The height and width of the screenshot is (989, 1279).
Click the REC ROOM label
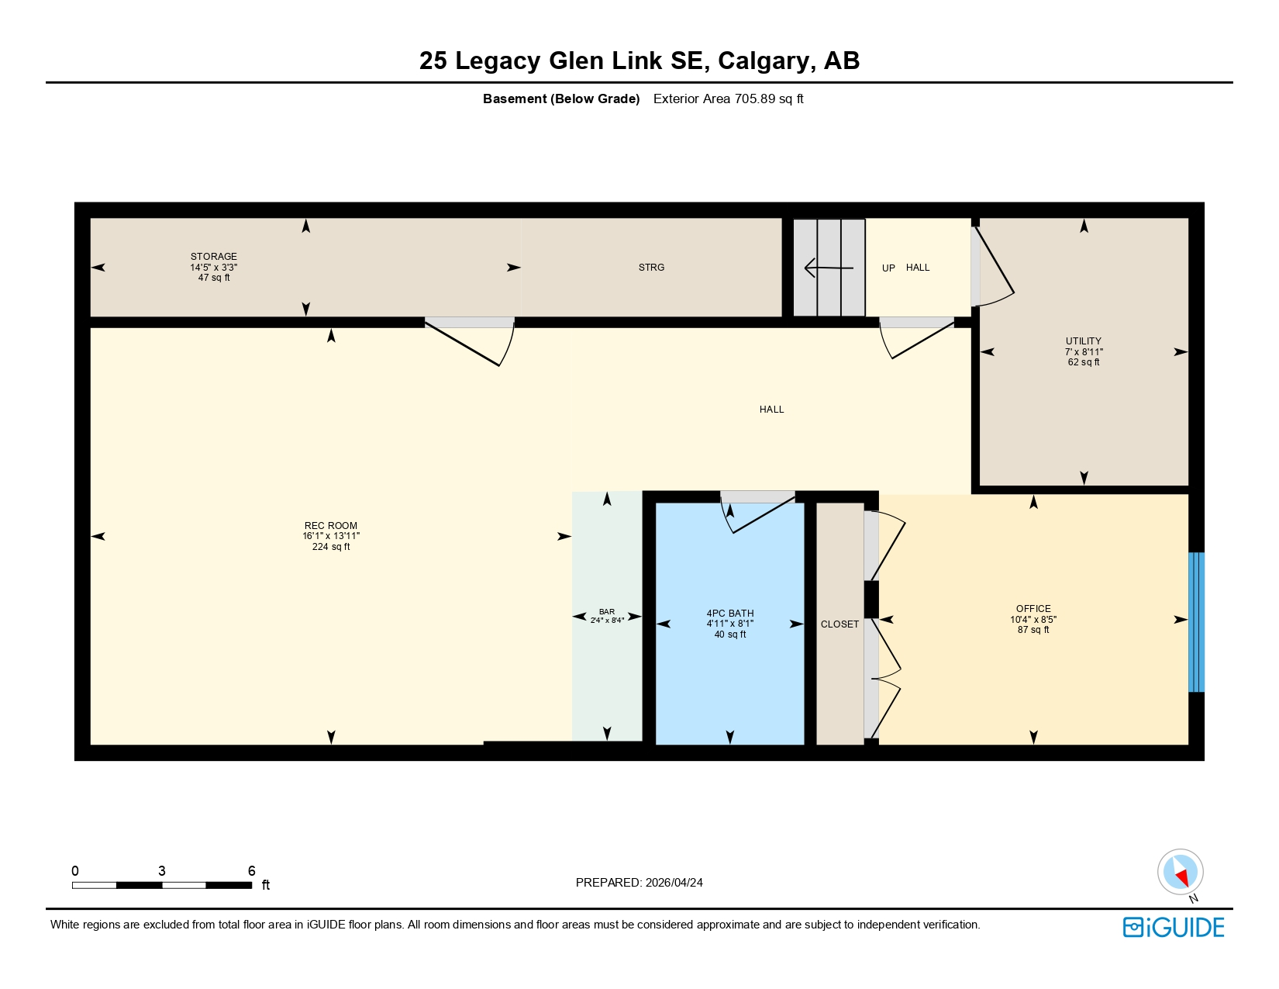tap(331, 526)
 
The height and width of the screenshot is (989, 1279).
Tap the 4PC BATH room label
tap(730, 614)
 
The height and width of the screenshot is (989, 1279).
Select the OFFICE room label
tap(1033, 609)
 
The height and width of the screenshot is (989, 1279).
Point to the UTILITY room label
tap(1083, 341)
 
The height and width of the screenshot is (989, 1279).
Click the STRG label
tap(651, 268)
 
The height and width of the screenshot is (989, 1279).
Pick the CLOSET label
tap(839, 624)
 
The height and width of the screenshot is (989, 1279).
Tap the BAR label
tap(606, 612)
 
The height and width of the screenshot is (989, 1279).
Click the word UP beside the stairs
tap(888, 268)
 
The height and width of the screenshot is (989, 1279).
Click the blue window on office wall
tap(1196, 622)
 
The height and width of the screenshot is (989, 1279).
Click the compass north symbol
tap(1180, 872)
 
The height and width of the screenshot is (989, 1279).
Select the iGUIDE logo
tap(1174, 927)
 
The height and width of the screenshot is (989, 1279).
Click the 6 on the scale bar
tap(251, 871)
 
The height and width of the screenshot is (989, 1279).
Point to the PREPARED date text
tap(639, 883)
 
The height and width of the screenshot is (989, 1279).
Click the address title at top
tap(639, 61)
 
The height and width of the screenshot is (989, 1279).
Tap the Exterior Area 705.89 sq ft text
tap(728, 99)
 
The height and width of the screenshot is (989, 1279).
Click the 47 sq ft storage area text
tap(214, 278)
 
